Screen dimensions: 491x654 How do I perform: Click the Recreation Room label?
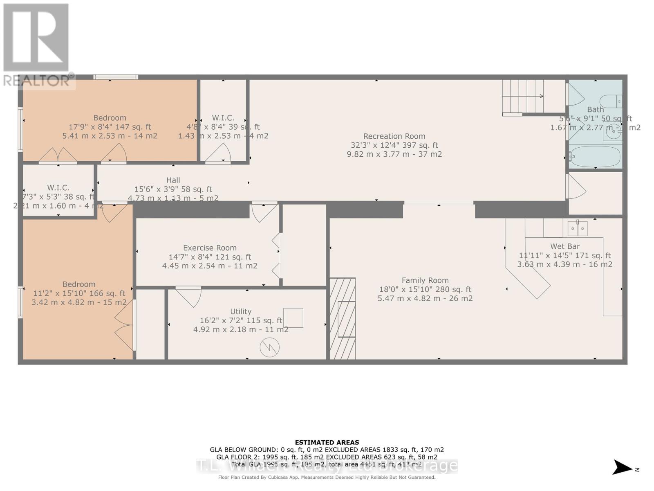394,136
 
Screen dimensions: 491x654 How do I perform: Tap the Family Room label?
425,280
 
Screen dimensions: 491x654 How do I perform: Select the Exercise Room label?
210,248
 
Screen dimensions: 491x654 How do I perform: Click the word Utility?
241,311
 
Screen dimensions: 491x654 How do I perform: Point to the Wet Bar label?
564,246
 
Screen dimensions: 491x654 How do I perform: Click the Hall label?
173,180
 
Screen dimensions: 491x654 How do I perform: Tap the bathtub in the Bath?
595,157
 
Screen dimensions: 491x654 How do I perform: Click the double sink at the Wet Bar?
578,228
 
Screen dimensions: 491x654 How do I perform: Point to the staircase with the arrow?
523,97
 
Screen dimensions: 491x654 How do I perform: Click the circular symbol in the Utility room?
269,347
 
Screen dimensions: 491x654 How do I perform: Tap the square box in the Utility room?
293,318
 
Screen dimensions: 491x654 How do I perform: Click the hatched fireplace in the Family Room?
343,319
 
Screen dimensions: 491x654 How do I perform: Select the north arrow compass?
623,467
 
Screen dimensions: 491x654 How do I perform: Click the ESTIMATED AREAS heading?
327,442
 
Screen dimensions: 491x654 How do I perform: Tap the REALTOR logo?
37,45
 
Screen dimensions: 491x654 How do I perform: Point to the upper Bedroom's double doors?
58,155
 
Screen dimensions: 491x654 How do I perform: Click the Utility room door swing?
189,297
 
